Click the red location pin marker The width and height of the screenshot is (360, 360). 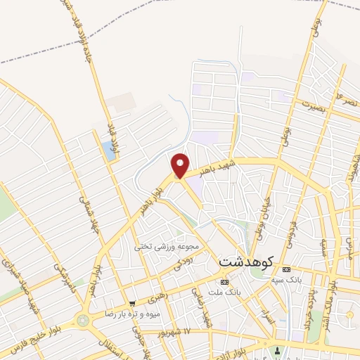(x=181, y=165)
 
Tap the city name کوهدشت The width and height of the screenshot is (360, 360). (x=246, y=260)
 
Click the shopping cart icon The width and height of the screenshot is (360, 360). (x=130, y=302)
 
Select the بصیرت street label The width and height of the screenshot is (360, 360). (x=310, y=105)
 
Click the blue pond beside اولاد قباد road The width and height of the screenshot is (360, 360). (x=107, y=148)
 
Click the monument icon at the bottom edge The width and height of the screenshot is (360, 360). (x=278, y=351)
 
